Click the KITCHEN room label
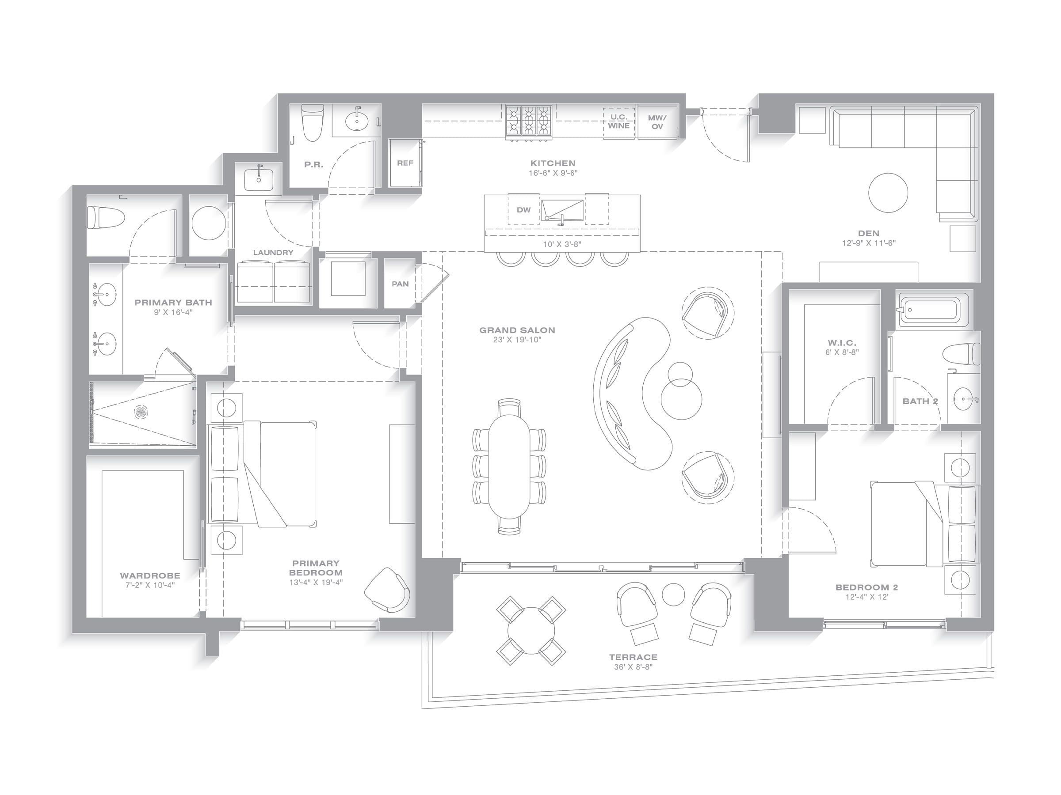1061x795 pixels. (553, 163)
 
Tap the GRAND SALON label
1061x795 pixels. (517, 330)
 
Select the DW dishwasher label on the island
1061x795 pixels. (523, 210)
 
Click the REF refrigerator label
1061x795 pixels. (405, 163)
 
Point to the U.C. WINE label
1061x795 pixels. (619, 122)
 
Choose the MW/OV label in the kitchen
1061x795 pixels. (657, 122)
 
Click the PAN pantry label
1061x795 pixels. (400, 284)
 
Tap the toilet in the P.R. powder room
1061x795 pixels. (312, 124)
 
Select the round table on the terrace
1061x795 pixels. (531, 631)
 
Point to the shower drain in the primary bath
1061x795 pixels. (141, 411)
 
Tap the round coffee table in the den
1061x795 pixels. (888, 193)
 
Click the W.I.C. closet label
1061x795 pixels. (842, 343)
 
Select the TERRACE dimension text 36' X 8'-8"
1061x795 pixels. (633, 667)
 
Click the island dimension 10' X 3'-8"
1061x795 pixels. (562, 244)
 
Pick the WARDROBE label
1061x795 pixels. (150, 575)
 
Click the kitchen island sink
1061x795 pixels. (563, 211)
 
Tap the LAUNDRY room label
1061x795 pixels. (273, 253)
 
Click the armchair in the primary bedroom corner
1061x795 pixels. (388, 590)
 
